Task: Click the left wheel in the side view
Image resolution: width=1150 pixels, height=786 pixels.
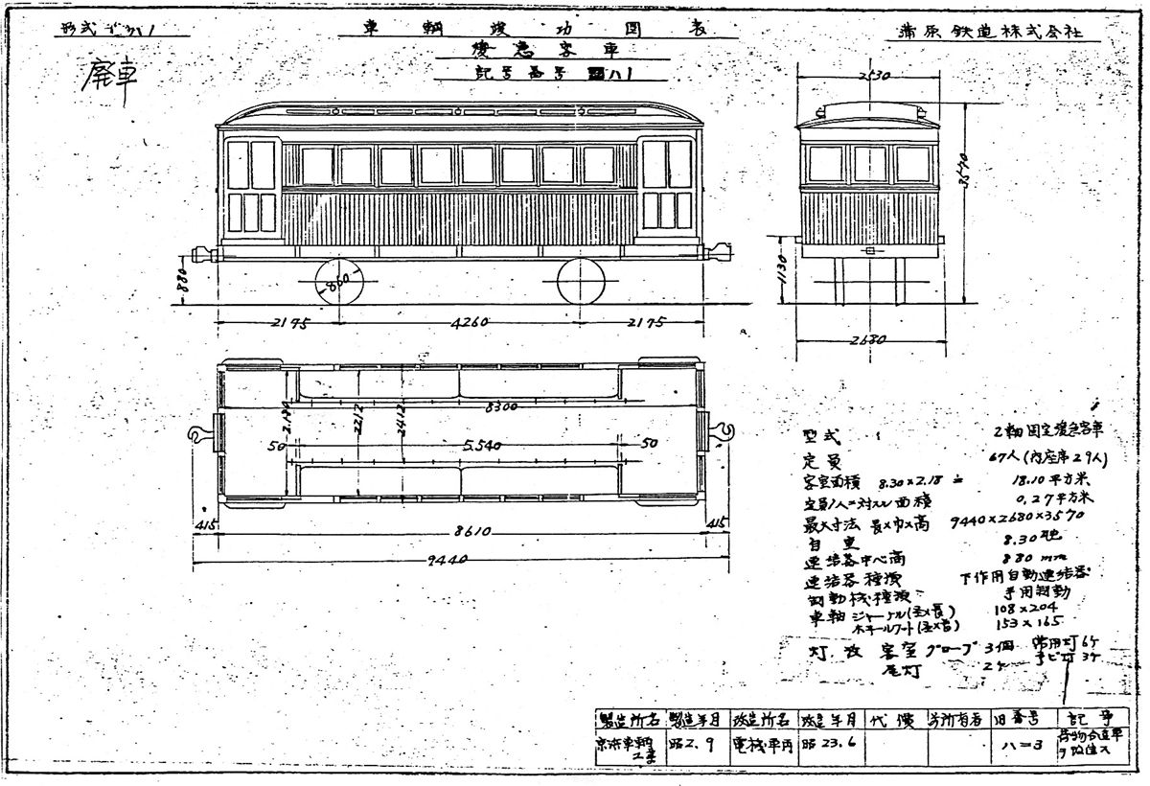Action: (339, 283)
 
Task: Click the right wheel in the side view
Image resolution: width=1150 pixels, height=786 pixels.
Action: (582, 283)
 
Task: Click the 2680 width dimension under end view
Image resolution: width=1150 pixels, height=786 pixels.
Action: (868, 339)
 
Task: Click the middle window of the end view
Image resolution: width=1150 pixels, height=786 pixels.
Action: (869, 164)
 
